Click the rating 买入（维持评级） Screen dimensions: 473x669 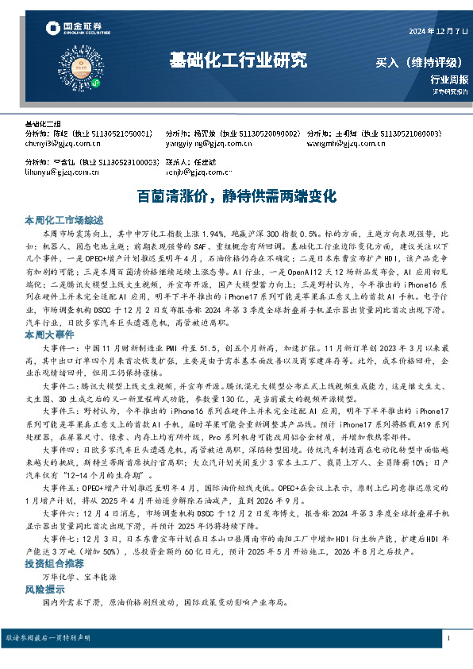[421, 62]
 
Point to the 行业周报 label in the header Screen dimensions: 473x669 [449, 79]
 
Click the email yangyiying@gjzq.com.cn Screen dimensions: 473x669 [199, 144]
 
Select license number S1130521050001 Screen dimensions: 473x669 [118, 134]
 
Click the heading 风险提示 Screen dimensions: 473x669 [44, 590]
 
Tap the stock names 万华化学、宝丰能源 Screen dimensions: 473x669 [75, 575]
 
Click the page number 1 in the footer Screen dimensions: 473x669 [448, 639]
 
